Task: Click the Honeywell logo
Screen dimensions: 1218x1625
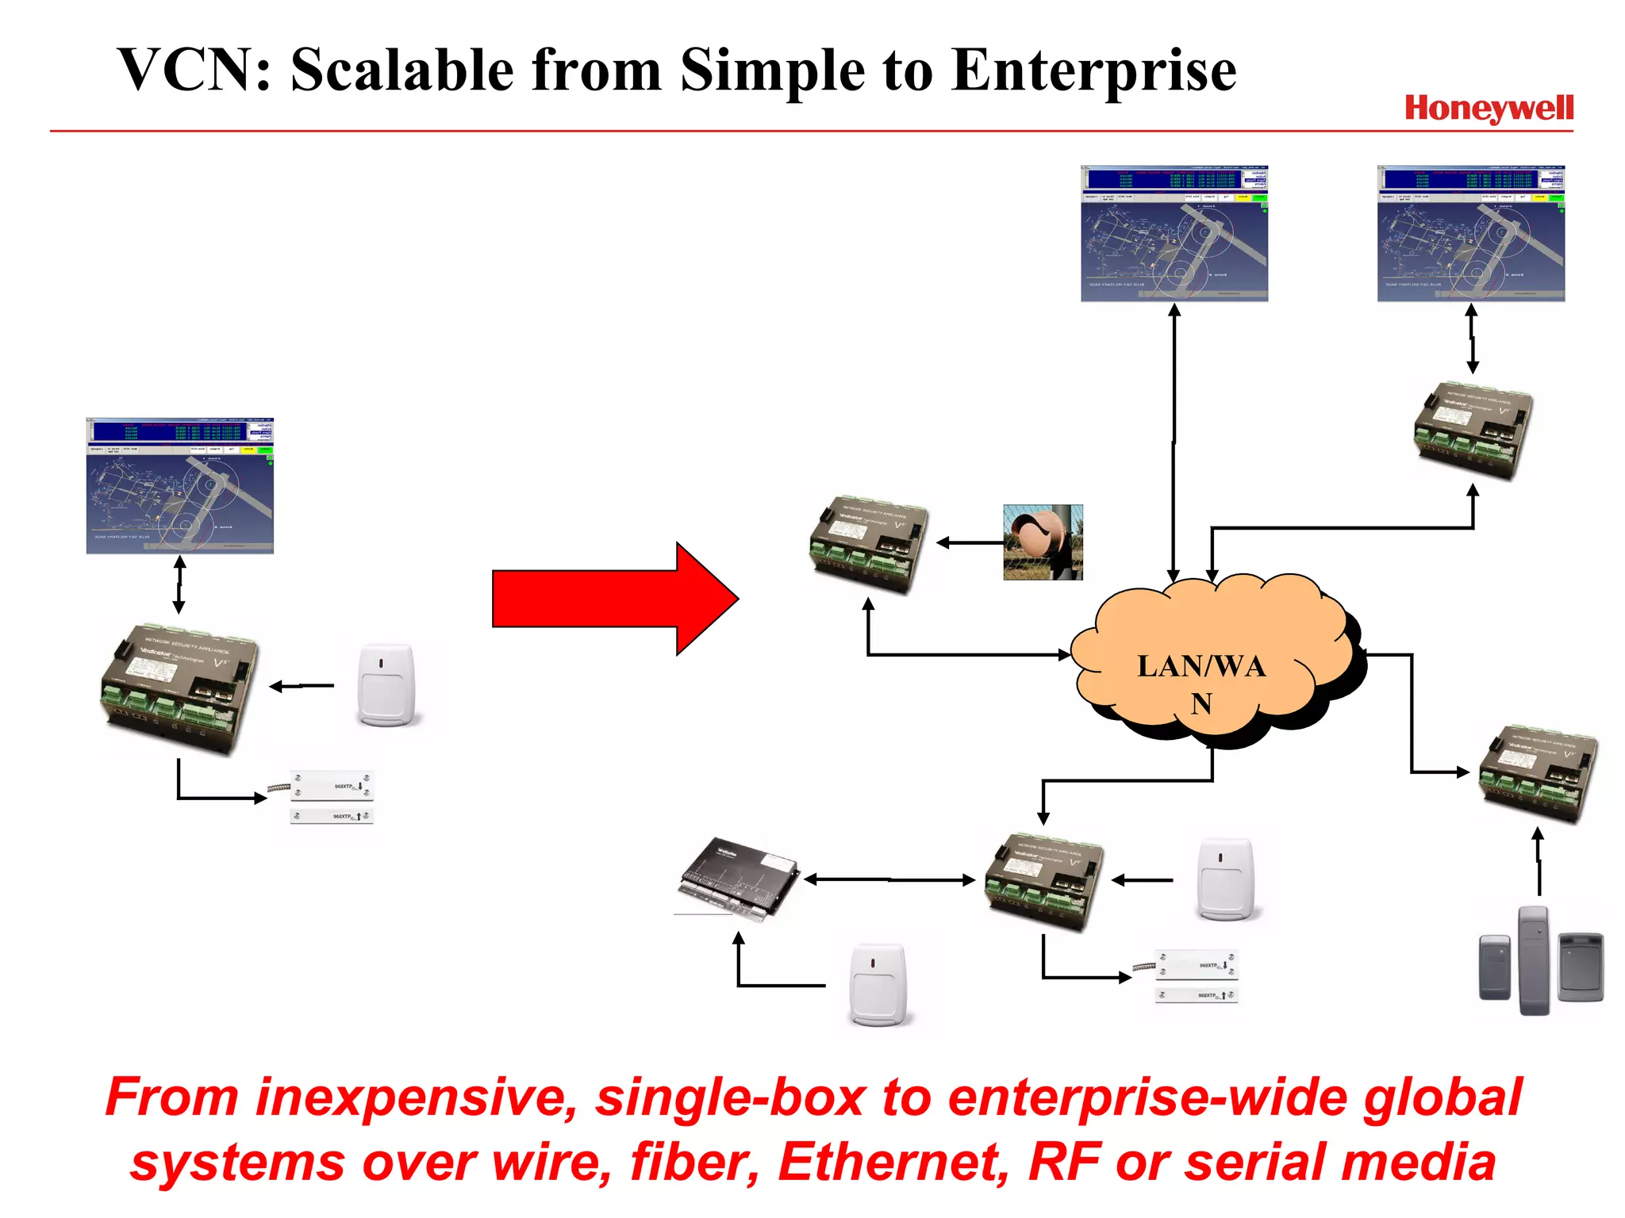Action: (x=1489, y=108)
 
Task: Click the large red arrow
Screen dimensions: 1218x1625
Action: (x=615, y=599)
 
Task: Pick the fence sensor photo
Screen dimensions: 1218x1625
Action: (x=1043, y=542)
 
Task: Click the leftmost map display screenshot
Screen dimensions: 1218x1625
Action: (x=180, y=485)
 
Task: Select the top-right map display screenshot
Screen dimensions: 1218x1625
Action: (x=1471, y=233)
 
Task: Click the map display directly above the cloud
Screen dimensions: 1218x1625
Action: (x=1174, y=233)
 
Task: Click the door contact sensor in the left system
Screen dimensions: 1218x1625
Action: (x=331, y=798)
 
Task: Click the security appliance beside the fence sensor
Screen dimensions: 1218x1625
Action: (x=868, y=544)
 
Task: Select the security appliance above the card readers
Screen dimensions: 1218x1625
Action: (x=1538, y=773)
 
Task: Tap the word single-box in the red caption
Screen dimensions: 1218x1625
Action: (x=730, y=1099)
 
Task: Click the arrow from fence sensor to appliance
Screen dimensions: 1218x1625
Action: (x=970, y=543)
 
